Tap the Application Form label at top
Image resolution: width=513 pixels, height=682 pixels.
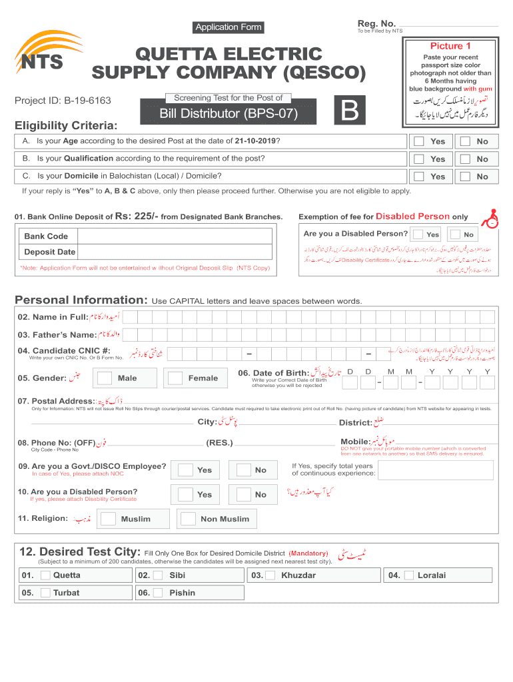pyautogui.click(x=228, y=27)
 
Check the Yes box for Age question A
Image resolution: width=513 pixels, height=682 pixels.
pyautogui.click(x=418, y=141)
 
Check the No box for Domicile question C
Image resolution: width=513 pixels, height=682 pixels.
pyautogui.click(x=465, y=176)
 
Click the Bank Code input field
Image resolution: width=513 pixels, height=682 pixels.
pyautogui.click(x=175, y=236)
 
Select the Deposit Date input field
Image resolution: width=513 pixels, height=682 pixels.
pyautogui.click(x=175, y=252)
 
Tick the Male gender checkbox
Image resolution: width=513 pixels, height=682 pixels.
pyautogui.click(x=105, y=378)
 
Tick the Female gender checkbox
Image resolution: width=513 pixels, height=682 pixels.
pyautogui.click(x=175, y=378)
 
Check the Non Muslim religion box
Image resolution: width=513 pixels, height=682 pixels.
pyautogui.click(x=189, y=519)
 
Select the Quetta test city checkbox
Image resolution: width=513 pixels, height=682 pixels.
pyautogui.click(x=45, y=575)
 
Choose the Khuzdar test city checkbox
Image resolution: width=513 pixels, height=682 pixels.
pyautogui.click(x=270, y=575)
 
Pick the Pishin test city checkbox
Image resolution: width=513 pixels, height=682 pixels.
pyautogui.click(x=159, y=593)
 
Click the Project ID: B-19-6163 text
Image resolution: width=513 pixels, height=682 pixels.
pyautogui.click(x=63, y=101)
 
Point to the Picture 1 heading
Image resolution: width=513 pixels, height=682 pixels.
pyautogui.click(x=450, y=46)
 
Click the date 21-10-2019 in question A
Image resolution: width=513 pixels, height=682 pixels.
pyautogui.click(x=255, y=141)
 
